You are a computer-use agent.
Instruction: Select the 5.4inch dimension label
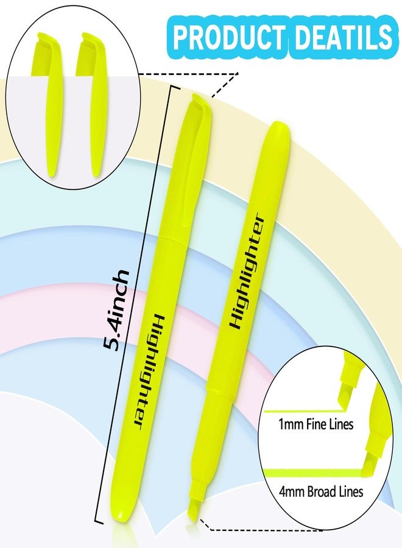117,310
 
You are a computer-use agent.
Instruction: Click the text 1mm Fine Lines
316,424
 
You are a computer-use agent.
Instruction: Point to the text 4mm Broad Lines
321,491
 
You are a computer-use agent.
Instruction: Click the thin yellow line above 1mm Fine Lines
303,411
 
